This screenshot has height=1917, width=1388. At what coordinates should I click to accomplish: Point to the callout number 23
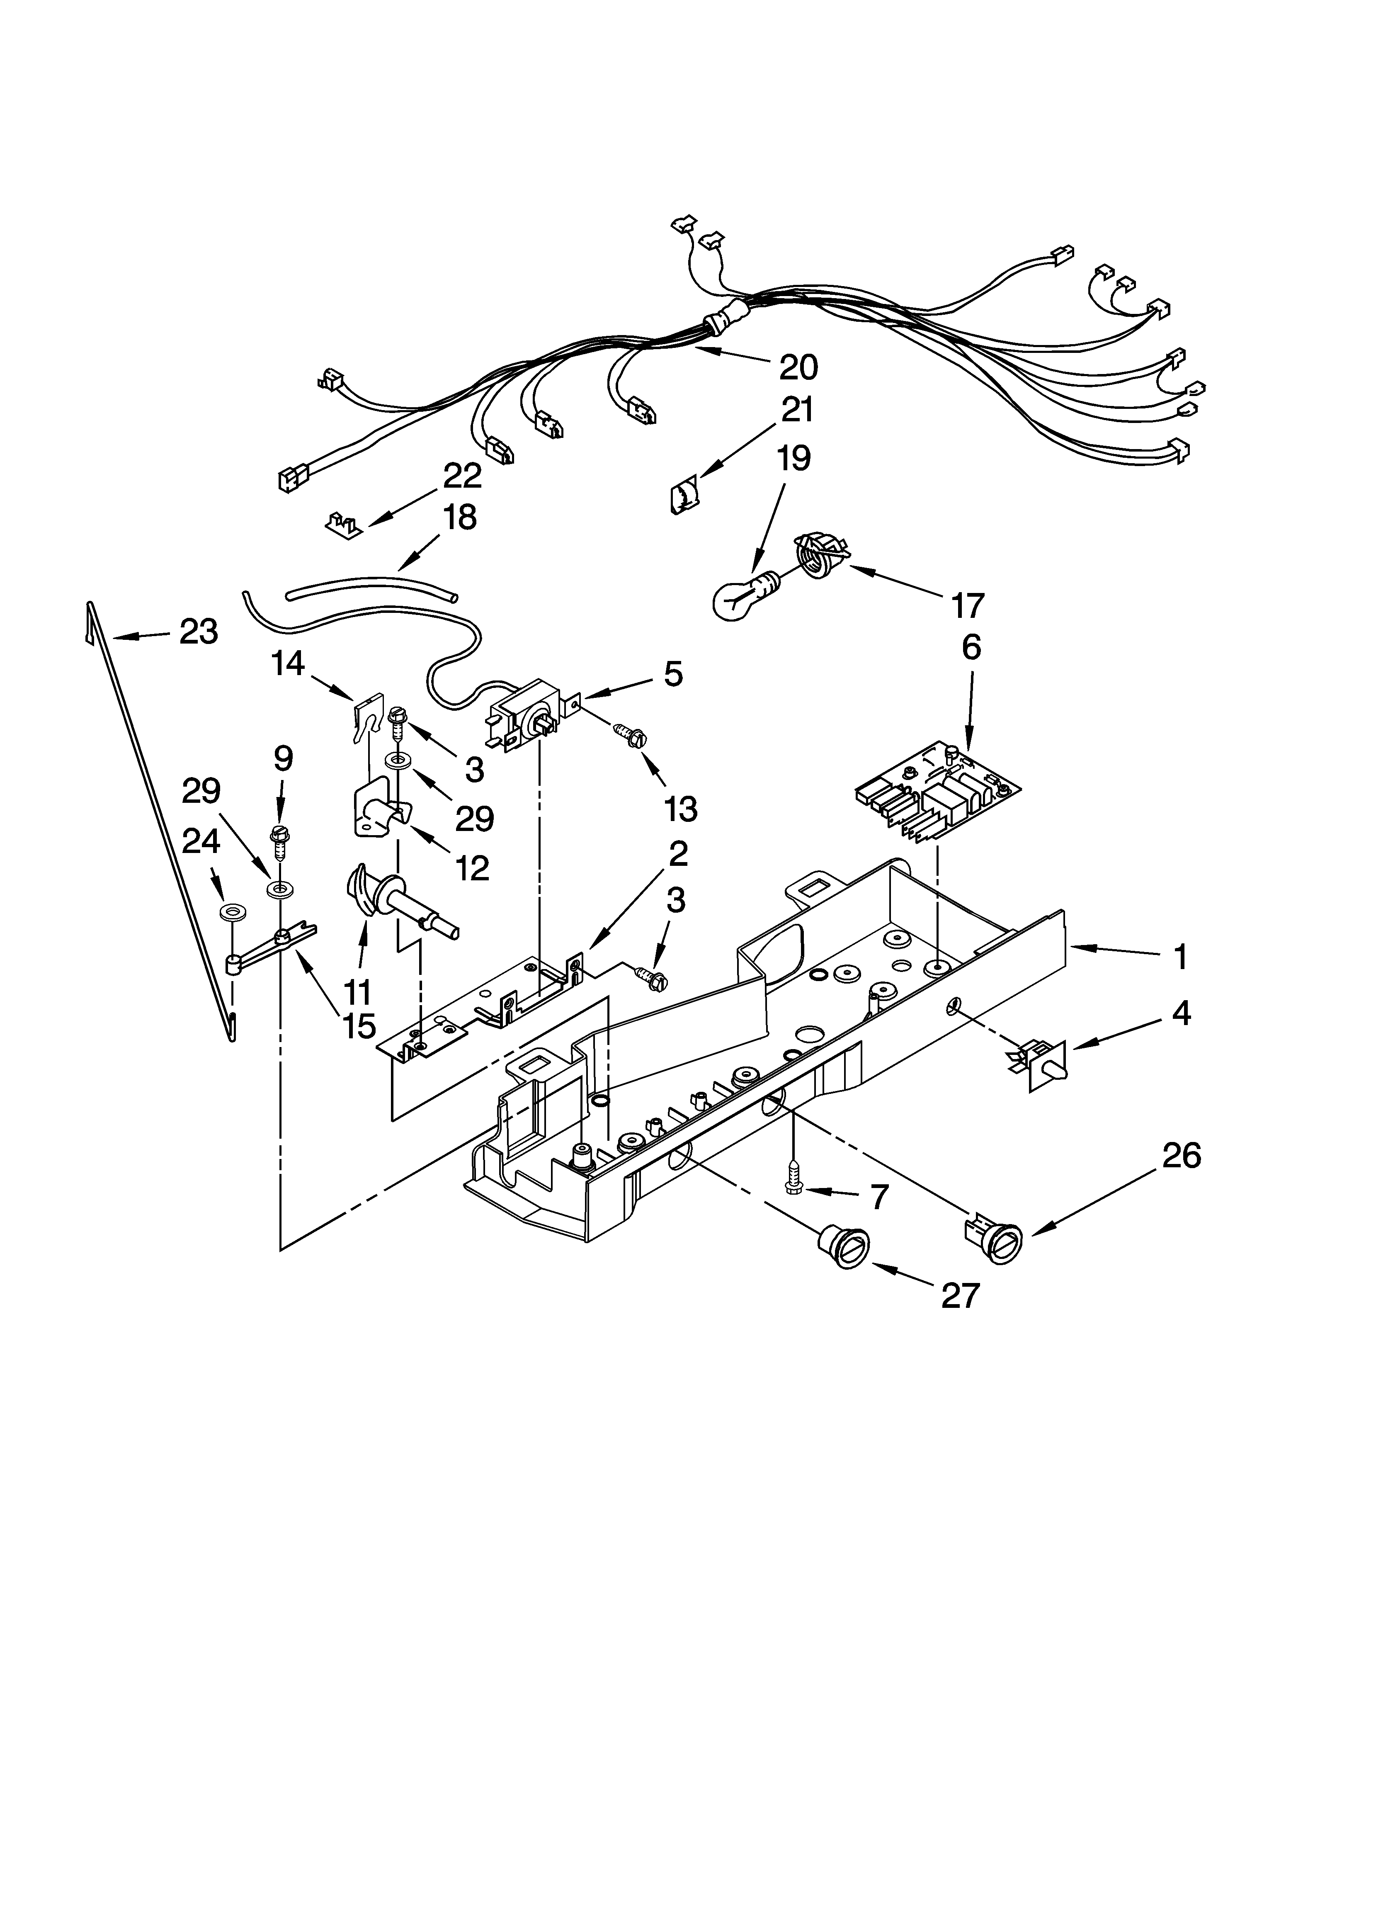(x=199, y=632)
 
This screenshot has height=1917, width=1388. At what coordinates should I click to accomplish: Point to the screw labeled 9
(x=280, y=842)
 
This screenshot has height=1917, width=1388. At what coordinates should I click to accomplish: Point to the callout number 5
(x=673, y=674)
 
